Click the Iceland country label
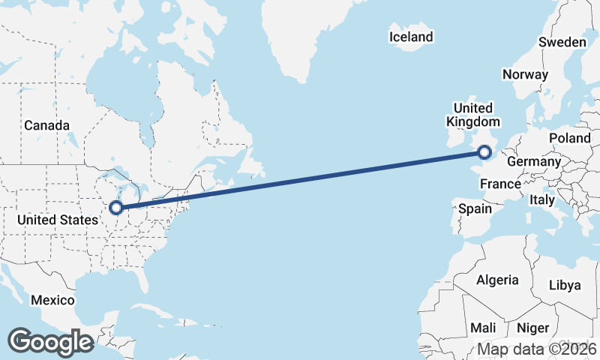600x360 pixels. point(411,37)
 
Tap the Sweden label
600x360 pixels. point(562,42)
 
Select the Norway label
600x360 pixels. point(525,74)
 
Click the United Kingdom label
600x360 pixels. point(472,115)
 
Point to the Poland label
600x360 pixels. point(570,139)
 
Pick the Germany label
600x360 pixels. point(533,162)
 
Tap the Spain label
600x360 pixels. point(475,209)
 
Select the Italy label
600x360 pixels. point(541,200)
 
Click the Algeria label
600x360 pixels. point(497,280)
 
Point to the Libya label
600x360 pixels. point(565,285)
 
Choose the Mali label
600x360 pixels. point(483,328)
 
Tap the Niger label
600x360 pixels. point(533,328)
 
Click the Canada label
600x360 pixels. point(46,125)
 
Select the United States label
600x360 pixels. point(58,220)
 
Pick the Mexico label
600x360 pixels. point(52,300)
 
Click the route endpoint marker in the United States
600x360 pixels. point(116,208)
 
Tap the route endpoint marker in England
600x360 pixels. point(484,153)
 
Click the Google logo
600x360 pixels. point(50,342)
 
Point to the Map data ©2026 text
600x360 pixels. point(537,349)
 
